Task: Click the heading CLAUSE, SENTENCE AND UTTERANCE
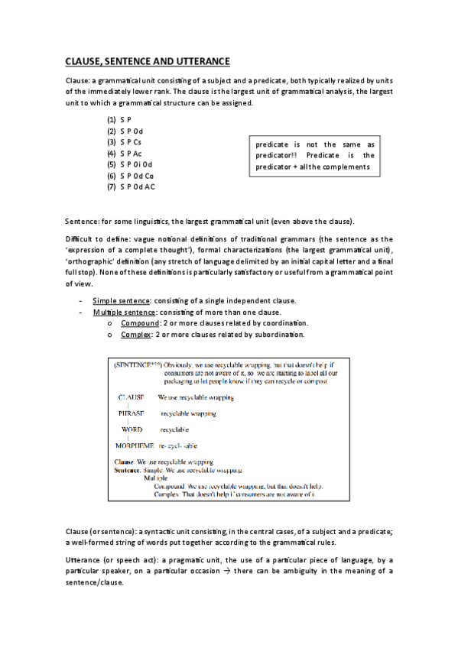(x=147, y=61)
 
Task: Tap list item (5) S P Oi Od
(x=130, y=164)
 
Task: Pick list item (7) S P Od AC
(x=131, y=186)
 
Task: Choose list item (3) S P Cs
(x=125, y=142)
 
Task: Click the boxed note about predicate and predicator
(x=314, y=155)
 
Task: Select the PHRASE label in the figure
(x=131, y=413)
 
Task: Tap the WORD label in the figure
(x=132, y=429)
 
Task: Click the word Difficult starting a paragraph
(x=80, y=239)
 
